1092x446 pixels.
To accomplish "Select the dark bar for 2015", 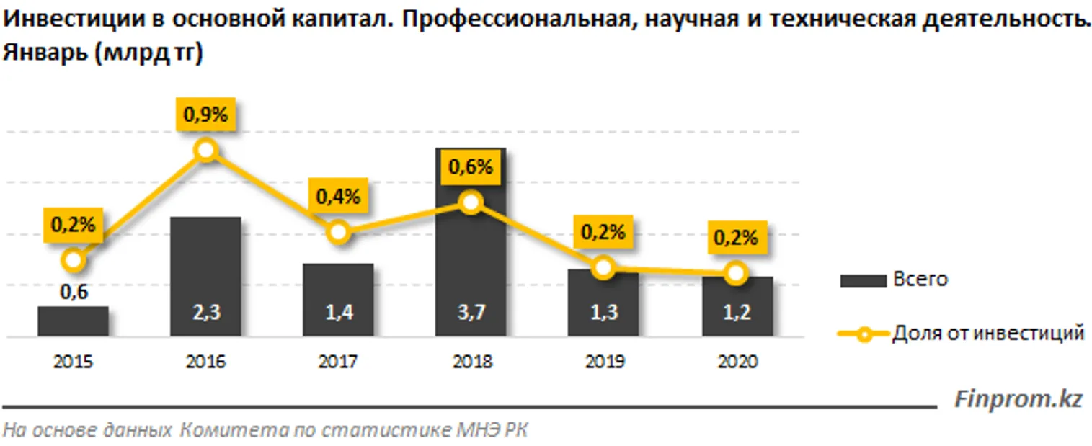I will pos(73,321).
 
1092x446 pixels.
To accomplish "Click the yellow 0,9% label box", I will pos(205,115).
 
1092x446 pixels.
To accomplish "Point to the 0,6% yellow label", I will pos(471,166).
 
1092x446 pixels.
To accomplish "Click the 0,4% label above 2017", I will pos(338,197).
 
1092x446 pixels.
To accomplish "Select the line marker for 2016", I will pos(206,150).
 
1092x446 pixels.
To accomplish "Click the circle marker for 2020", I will pos(735,272).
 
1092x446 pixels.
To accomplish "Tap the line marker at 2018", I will pos(471,202).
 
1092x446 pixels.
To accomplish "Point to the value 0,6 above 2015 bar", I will pos(73,292).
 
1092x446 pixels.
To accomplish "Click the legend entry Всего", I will pos(920,280).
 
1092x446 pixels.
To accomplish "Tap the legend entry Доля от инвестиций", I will pos(987,334).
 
